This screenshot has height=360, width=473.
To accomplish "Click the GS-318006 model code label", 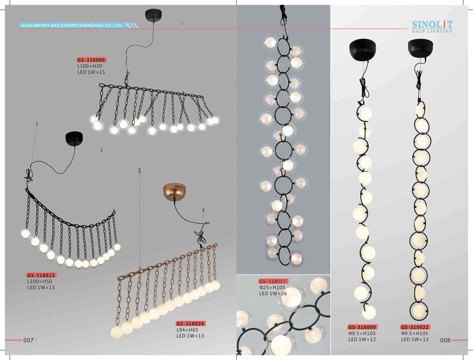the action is pyautogui.click(x=91, y=60).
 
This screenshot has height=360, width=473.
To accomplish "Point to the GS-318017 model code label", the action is pyautogui.click(x=273, y=281).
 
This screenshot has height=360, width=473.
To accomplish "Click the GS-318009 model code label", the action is pyautogui.click(x=362, y=327).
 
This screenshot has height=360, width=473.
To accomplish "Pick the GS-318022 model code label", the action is pyautogui.click(x=415, y=327).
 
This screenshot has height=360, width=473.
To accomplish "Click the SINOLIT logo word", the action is pyautogui.click(x=432, y=25).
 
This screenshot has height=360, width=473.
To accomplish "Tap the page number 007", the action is pyautogui.click(x=28, y=340).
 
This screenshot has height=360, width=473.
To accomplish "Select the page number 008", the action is pyautogui.click(x=446, y=340).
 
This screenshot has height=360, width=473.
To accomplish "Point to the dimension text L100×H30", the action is pyautogui.click(x=90, y=66).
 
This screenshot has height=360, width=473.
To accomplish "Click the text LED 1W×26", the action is pyautogui.click(x=273, y=293).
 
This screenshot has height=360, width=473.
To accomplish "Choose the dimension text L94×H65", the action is pyautogui.click(x=187, y=330).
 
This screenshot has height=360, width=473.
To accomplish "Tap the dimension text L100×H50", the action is pyautogui.click(x=39, y=281).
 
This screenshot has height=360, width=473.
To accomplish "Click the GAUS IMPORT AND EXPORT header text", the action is pyautogui.click(x=72, y=26).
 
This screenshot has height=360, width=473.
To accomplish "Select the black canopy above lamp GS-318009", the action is pyautogui.click(x=363, y=49).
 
